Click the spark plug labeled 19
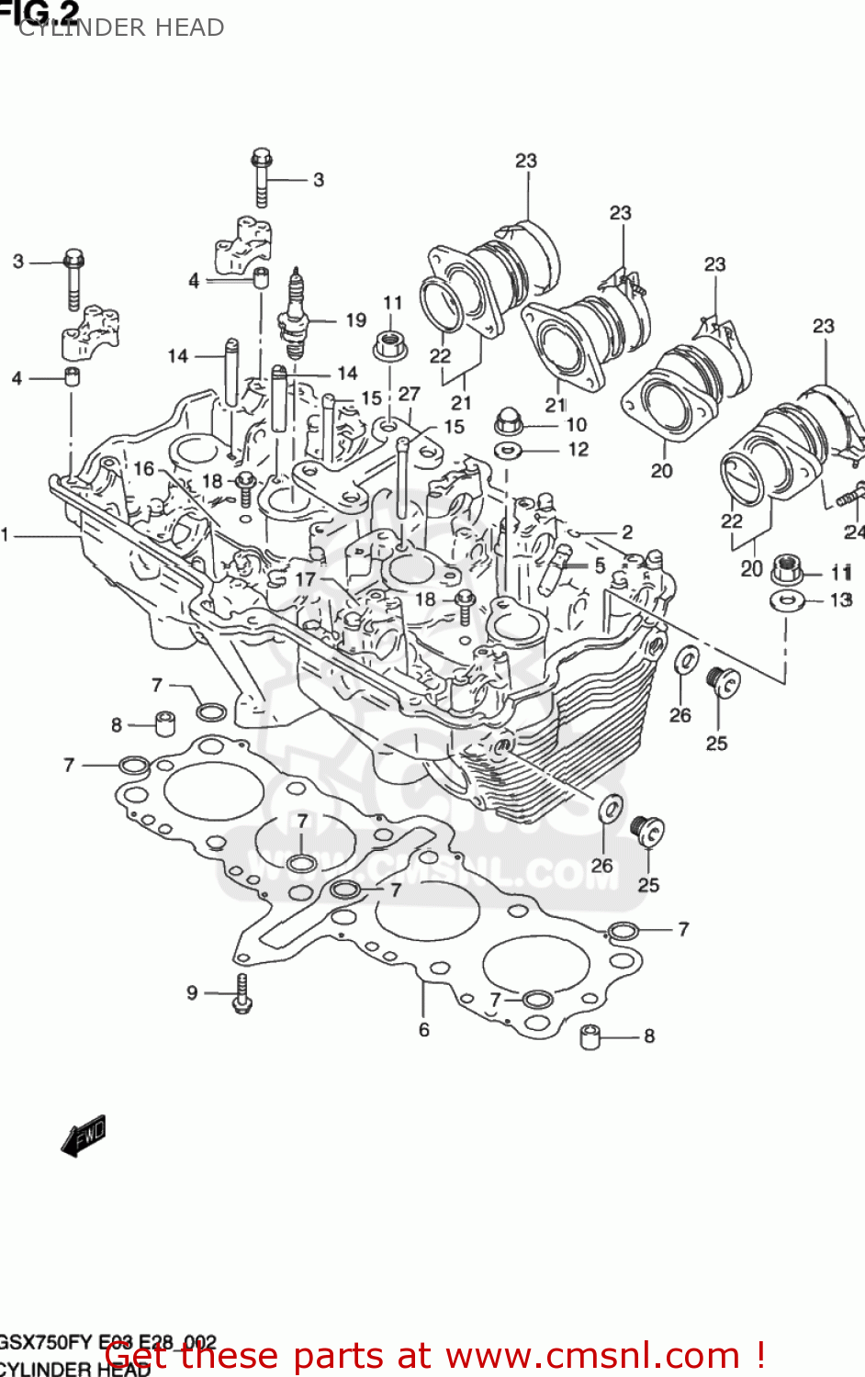pyautogui.click(x=295, y=317)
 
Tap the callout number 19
pyautogui.click(x=355, y=320)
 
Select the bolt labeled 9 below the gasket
pyautogui.click(x=242, y=993)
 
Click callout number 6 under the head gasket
pyautogui.click(x=424, y=1030)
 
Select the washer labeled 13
pyautogui.click(x=786, y=601)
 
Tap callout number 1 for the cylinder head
pyautogui.click(x=6, y=534)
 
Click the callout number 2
pyautogui.click(x=627, y=532)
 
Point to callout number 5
pyautogui.click(x=600, y=565)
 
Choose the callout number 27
pyautogui.click(x=409, y=394)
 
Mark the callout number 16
pyautogui.click(x=144, y=469)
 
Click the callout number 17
pyautogui.click(x=305, y=579)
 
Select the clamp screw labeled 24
pyautogui.click(x=849, y=496)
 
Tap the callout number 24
pyautogui.click(x=854, y=532)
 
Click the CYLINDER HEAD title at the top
pyautogui.click(x=121, y=28)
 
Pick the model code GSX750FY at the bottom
pyautogui.click(x=46, y=1342)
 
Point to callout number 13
pyautogui.click(x=841, y=599)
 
